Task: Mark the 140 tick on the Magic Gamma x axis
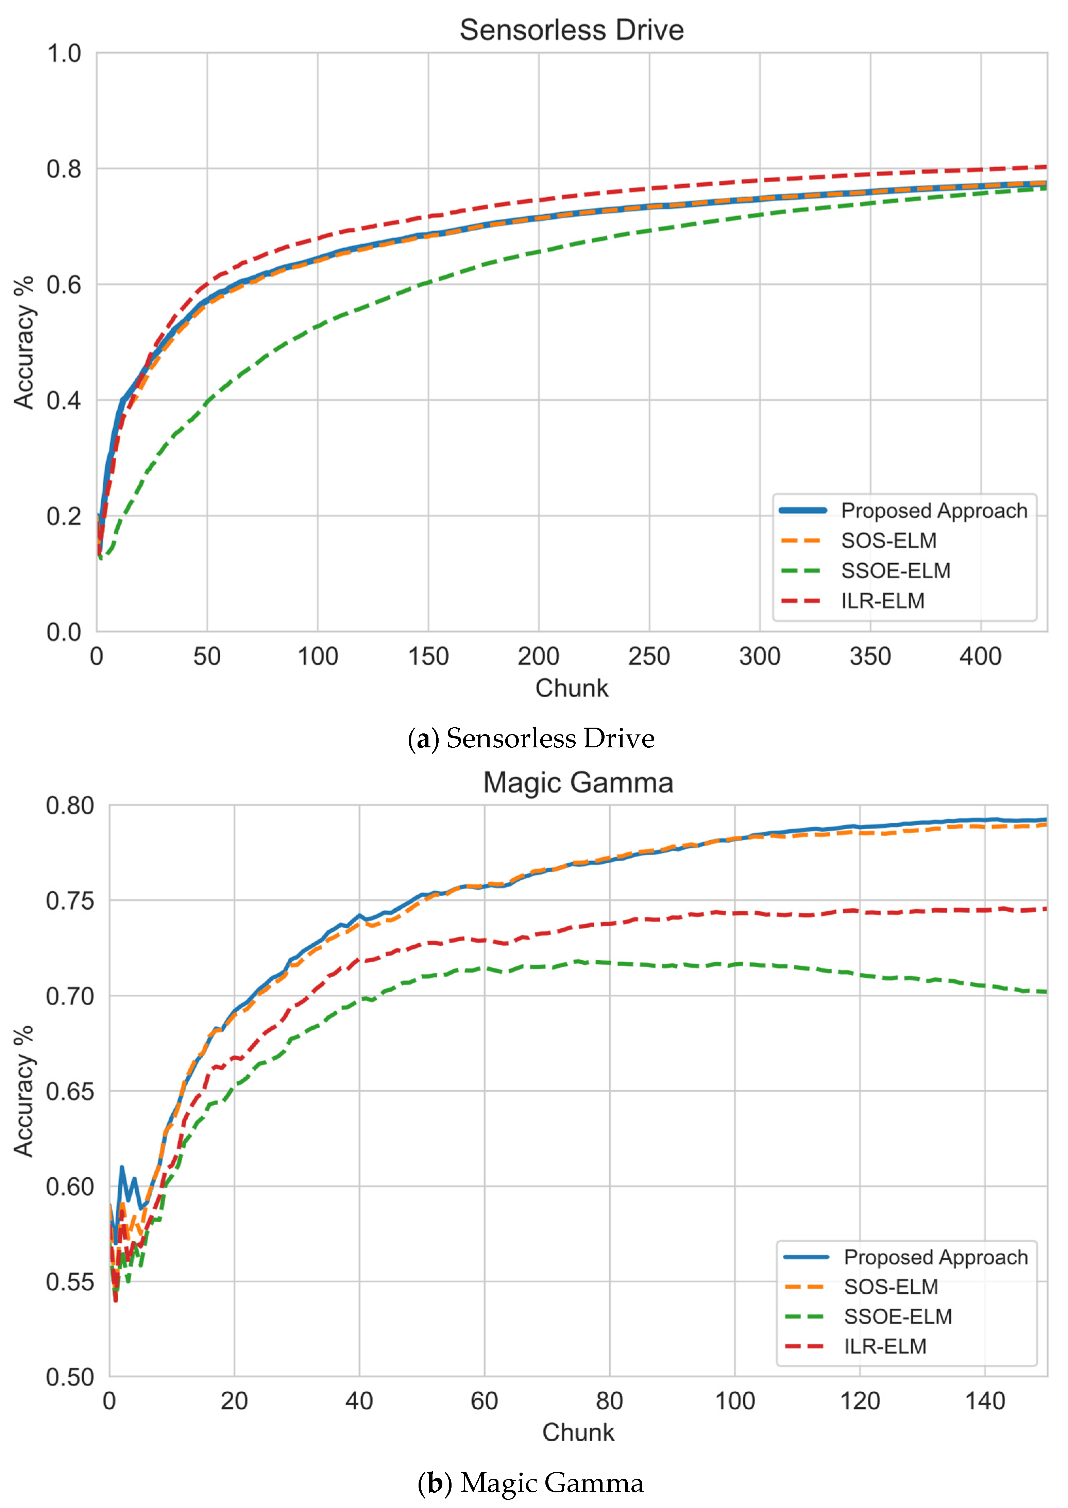(x=984, y=1402)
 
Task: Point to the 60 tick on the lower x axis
(x=484, y=1402)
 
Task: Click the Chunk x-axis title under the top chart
(x=572, y=688)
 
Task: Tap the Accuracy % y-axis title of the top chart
(x=24, y=342)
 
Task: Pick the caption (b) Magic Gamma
(x=531, y=1483)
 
